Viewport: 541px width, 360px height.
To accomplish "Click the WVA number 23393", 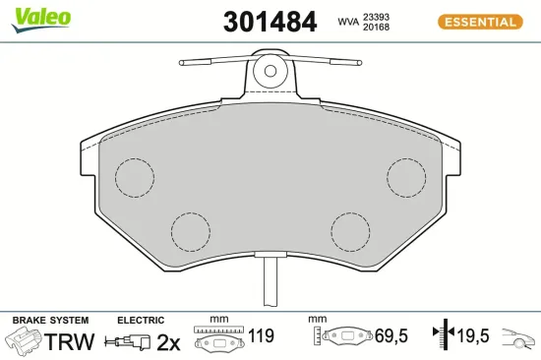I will pos(376,16).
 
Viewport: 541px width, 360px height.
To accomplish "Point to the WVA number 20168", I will pos(376,29).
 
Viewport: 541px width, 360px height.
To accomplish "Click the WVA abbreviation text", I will pos(347,22).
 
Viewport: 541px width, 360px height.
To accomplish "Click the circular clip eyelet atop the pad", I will pos(270,70).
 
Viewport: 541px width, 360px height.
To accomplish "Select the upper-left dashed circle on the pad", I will pos(135,177).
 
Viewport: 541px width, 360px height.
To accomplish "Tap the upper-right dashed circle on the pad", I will pos(406,177).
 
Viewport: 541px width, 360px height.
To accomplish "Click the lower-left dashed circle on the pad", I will pos(191,232).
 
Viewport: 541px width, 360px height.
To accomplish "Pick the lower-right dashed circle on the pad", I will pos(350,232).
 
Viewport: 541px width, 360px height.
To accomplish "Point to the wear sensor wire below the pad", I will pos(270,284).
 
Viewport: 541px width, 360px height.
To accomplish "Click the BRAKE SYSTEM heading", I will pos(49,320).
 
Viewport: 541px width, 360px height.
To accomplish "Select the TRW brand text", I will pos(71,341).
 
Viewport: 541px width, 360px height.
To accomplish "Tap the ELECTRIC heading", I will pos(140,320).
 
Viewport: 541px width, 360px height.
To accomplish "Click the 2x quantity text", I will pos(170,341).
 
